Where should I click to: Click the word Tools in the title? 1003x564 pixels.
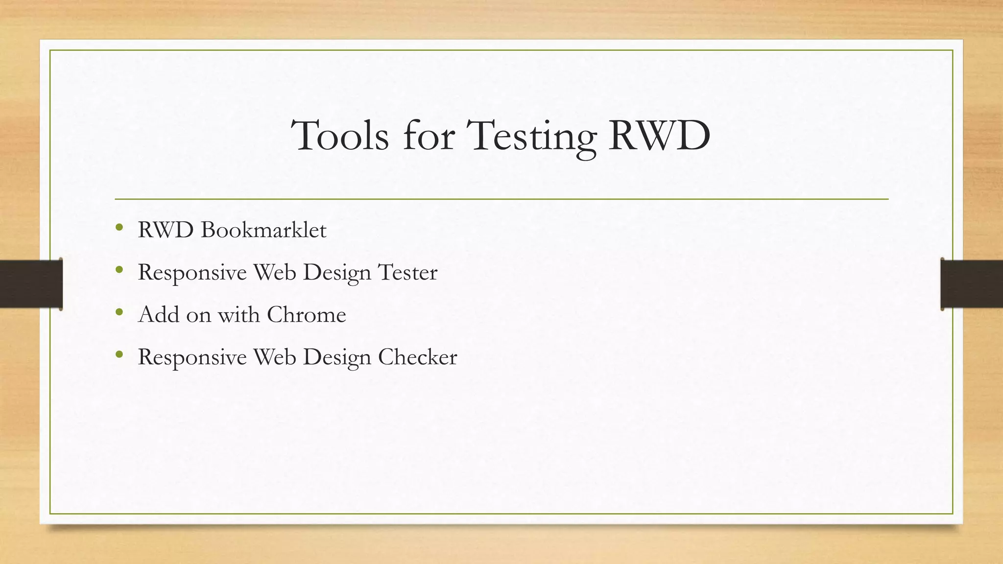pos(340,136)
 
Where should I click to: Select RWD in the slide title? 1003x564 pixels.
pos(659,136)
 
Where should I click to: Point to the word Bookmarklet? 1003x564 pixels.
pos(263,230)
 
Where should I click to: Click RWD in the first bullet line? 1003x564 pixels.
pos(166,230)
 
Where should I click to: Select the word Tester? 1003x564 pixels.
pos(407,272)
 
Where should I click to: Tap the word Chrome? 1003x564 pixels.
pos(306,314)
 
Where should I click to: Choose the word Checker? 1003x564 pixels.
pos(417,357)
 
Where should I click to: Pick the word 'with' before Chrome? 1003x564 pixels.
pos(239,314)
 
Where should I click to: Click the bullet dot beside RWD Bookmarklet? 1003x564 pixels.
pos(119,227)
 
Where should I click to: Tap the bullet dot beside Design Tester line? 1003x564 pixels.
pos(119,269)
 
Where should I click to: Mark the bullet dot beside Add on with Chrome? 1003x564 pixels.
pos(119,312)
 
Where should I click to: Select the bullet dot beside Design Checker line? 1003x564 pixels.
pos(119,354)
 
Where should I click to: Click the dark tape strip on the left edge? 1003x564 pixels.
pos(30,284)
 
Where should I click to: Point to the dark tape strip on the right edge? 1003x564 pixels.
pos(972,284)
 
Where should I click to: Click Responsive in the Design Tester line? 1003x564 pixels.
pos(192,272)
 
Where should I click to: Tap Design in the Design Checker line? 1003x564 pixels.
pos(337,357)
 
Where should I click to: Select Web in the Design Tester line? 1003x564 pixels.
pos(274,272)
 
